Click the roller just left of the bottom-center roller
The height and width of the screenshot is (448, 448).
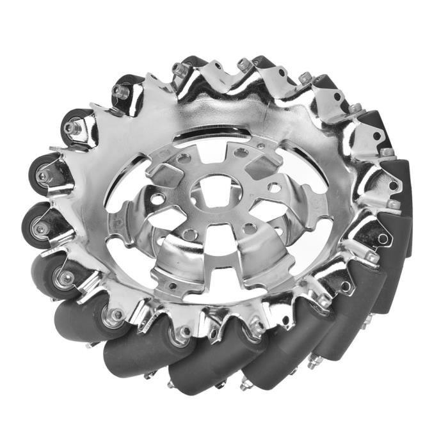[138, 349]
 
